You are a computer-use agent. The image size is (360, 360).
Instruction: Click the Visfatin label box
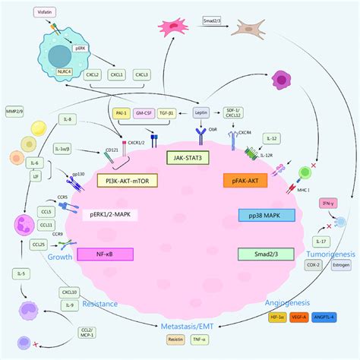(49, 13)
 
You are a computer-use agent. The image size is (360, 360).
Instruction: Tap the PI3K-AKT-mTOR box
(127, 180)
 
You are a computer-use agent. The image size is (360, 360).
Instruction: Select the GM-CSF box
(143, 112)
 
